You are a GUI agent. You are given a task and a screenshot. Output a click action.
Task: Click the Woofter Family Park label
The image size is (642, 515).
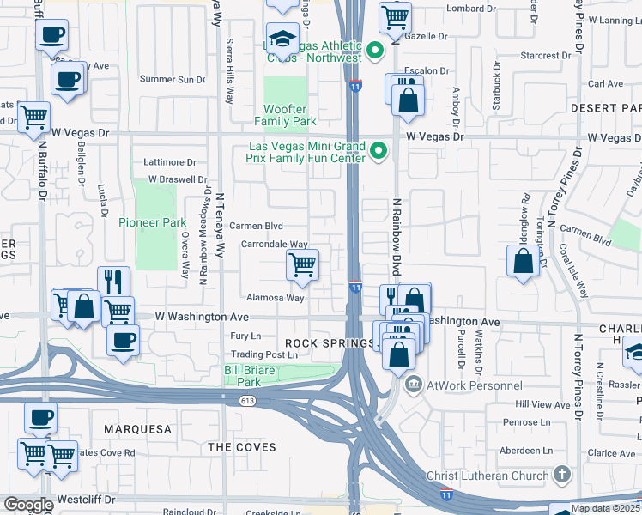coord(285,116)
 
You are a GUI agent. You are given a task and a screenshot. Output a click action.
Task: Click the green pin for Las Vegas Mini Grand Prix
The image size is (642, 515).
coord(379,153)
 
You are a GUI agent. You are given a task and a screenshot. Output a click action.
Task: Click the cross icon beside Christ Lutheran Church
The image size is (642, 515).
coord(561,474)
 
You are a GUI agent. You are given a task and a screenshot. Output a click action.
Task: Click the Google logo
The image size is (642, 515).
coord(28,505)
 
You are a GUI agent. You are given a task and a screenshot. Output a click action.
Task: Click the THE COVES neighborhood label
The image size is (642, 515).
coord(242,447)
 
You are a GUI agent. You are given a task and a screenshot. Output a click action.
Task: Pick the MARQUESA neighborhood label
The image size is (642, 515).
coord(137,428)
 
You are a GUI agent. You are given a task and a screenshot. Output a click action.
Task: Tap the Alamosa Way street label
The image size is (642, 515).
coord(276,298)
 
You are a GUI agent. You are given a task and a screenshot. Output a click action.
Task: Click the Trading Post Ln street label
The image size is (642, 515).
coord(263,354)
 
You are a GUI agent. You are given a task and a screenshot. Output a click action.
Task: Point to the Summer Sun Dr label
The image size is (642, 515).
coord(173,79)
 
